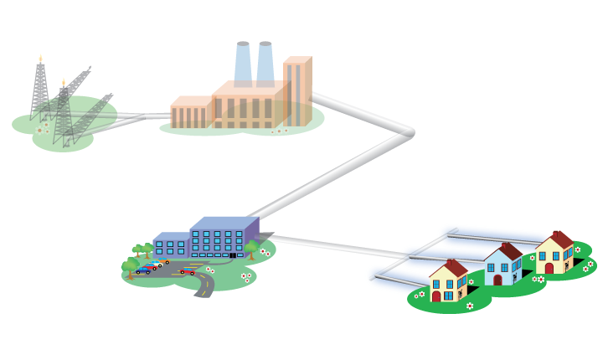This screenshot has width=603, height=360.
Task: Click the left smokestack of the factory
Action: pos(242,63)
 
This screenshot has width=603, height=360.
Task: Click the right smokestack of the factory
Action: pos(265,63)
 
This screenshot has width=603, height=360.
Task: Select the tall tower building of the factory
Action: pos(296,92)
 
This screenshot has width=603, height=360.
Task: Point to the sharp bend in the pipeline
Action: pos(410,132)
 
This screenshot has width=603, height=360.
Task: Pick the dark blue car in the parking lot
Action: pos(142,270)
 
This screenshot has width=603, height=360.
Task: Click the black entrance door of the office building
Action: pos(232,255)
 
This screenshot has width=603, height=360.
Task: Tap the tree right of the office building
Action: pos(251,248)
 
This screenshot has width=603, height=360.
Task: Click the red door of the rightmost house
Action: pos(549,269)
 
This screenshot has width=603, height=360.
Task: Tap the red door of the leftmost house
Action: pos(436,296)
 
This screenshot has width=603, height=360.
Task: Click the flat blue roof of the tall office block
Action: pos(224,224)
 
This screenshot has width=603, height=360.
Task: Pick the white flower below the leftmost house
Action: pos(469,306)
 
